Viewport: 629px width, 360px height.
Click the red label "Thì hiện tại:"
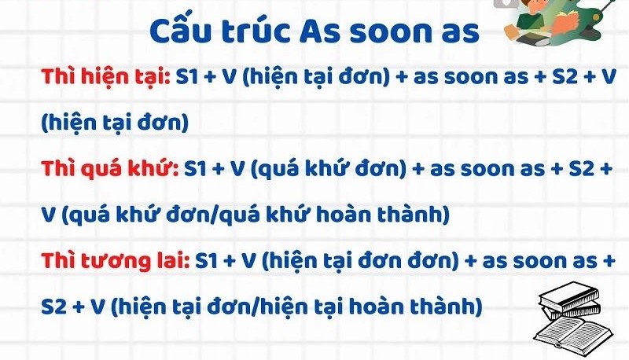tap(106, 77)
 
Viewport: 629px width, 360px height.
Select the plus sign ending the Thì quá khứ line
tap(606, 169)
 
